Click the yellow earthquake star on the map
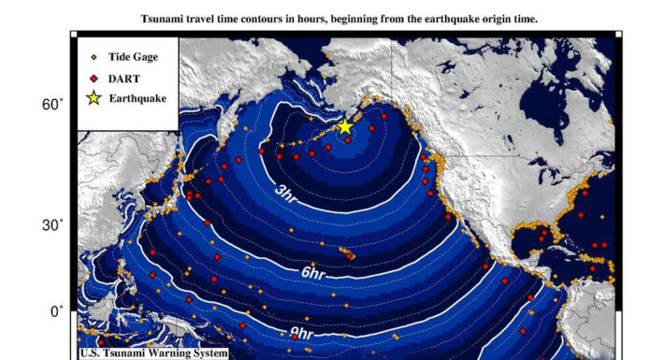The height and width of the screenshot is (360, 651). [x=344, y=126]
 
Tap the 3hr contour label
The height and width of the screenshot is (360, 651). [x=286, y=193]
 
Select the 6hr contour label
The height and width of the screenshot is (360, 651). [x=311, y=273]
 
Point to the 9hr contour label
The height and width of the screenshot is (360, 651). [x=300, y=332]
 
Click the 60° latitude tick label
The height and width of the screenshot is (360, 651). [x=51, y=106]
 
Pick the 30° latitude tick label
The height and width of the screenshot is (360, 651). [x=51, y=225]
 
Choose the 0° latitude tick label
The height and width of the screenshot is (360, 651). [x=55, y=311]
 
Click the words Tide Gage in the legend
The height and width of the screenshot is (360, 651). [x=133, y=57]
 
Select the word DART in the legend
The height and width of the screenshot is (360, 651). [x=124, y=78]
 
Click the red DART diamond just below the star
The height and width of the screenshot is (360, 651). [x=348, y=140]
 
